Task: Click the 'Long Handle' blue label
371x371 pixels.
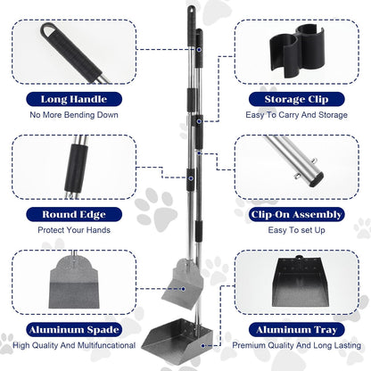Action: pos(74,99)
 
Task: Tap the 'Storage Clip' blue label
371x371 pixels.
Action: pos(296,99)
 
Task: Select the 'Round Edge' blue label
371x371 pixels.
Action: pos(74,214)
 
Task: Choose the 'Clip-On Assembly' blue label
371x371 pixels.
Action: pos(296,214)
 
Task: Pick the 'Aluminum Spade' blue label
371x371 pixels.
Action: pos(74,330)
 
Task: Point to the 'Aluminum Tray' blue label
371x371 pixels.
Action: pos(296,330)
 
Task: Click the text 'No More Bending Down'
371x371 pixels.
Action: pos(74,115)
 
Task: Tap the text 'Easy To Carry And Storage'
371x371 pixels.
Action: pos(296,115)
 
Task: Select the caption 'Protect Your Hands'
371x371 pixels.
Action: pos(74,230)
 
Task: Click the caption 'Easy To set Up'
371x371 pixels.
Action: pos(296,230)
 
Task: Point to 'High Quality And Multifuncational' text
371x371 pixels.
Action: pos(74,345)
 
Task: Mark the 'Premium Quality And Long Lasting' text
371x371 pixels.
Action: pos(296,345)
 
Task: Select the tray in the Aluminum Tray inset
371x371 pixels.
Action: pos(301,283)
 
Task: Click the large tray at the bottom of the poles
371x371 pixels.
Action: pos(176,342)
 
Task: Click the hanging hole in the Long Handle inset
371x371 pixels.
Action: pos(48,29)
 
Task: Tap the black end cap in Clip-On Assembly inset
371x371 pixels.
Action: pos(316,180)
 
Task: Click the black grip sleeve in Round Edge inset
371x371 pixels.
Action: pos(76,169)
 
